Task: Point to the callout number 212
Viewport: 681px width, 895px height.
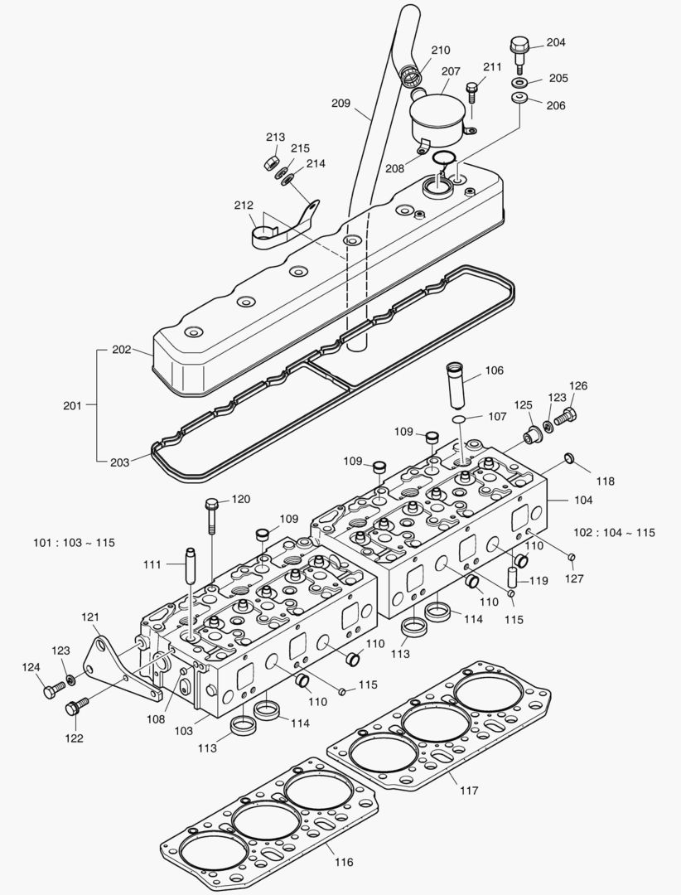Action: pyautogui.click(x=244, y=206)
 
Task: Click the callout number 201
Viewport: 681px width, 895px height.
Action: pyautogui.click(x=73, y=405)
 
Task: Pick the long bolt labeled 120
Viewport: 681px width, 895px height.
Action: pyautogui.click(x=210, y=518)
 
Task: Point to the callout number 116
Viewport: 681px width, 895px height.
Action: pyautogui.click(x=345, y=863)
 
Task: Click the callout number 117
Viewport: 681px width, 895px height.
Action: pyautogui.click(x=469, y=791)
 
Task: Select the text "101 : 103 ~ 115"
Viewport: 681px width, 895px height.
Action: pyautogui.click(x=74, y=543)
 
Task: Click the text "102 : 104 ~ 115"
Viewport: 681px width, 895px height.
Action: pyautogui.click(x=614, y=532)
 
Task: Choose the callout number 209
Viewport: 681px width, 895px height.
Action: pyautogui.click(x=340, y=104)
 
